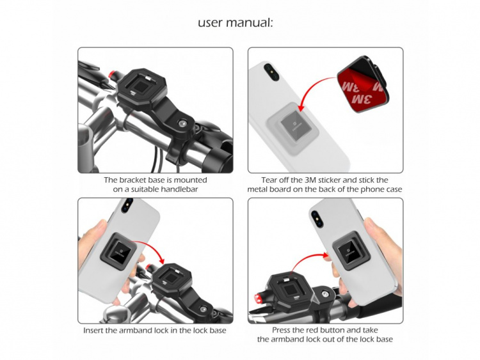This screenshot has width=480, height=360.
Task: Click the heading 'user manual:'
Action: [236, 23]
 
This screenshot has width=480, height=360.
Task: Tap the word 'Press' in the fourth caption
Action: [282, 331]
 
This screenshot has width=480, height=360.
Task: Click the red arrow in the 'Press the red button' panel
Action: [310, 258]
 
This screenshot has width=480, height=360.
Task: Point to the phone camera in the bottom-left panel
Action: [127, 205]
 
